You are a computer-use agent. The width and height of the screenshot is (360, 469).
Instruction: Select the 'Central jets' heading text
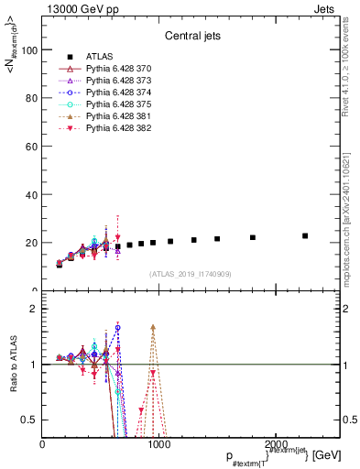pyautogui.click(x=191, y=38)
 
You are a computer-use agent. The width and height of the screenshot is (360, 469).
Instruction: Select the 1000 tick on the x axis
pyautogui.click(x=158, y=444)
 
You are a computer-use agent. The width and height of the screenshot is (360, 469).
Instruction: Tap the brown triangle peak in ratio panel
pyautogui.click(x=153, y=327)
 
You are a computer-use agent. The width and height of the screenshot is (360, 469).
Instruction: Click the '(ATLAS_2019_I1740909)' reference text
pyautogui.click(x=191, y=274)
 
